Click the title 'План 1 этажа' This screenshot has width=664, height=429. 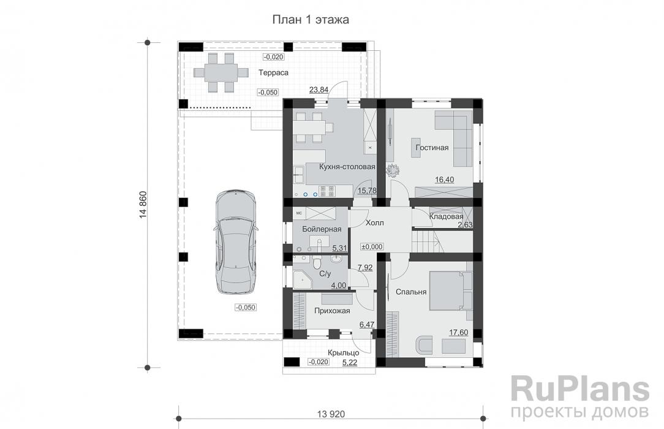(x=311, y=20)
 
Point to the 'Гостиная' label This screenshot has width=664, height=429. (x=432, y=148)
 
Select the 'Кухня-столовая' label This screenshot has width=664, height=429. (x=347, y=167)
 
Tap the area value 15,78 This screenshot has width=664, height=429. (x=366, y=191)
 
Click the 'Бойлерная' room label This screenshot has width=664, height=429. (x=321, y=229)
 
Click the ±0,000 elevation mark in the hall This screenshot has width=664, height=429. (x=372, y=246)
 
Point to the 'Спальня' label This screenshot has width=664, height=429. (x=410, y=292)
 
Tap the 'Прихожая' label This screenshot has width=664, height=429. (x=331, y=311)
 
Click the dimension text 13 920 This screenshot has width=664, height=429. (x=331, y=414)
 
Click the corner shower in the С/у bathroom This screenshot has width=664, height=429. (x=302, y=280)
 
